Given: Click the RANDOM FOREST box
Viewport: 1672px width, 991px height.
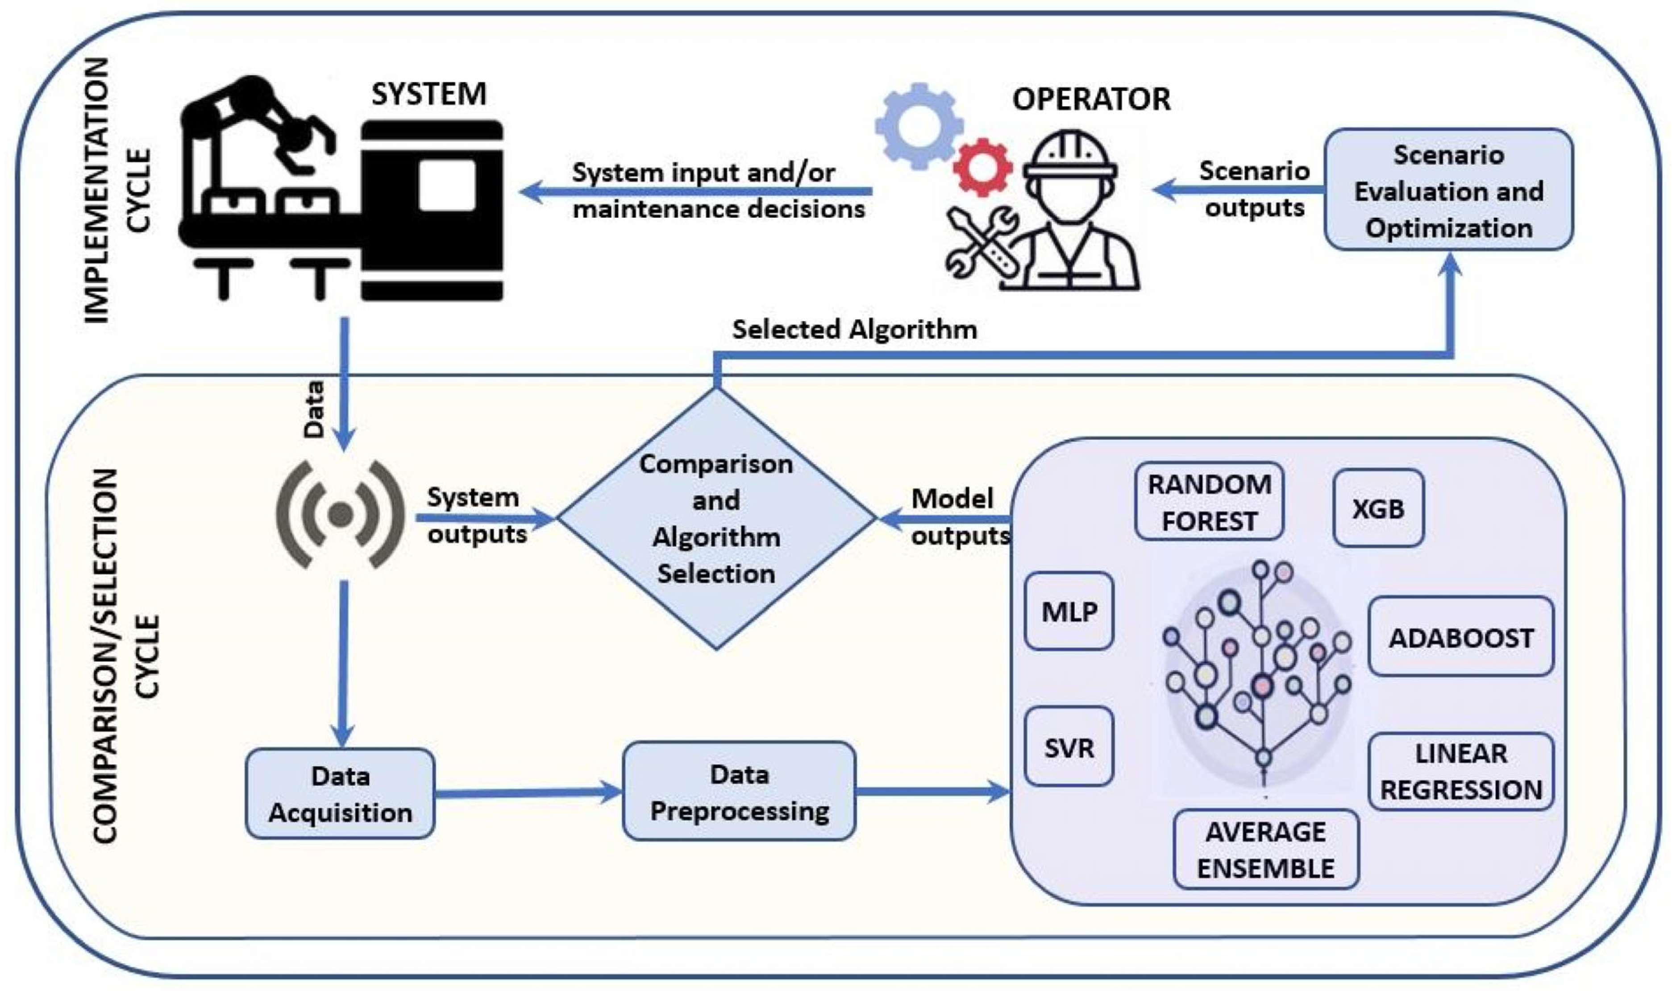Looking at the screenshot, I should [x=1208, y=501].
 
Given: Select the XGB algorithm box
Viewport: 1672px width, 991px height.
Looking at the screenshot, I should [x=1378, y=509].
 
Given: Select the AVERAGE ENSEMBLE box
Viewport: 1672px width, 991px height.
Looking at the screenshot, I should [x=1266, y=850].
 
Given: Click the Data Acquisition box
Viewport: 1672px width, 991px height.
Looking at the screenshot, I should [x=340, y=794].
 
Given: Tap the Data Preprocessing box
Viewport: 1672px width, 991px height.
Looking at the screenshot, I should [x=739, y=792].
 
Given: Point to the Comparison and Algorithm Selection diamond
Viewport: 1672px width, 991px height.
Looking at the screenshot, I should [x=716, y=518].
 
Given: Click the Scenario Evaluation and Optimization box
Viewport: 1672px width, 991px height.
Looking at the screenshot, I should [x=1448, y=191].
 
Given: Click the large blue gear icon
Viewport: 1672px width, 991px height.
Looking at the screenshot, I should [x=918, y=125].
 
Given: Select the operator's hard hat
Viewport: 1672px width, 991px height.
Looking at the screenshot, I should [x=1070, y=155].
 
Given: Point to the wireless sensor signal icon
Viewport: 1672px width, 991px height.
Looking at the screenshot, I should [x=341, y=514].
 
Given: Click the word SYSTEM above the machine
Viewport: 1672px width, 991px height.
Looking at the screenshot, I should [x=429, y=94].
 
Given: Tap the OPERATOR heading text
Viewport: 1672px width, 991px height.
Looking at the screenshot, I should [x=1091, y=99].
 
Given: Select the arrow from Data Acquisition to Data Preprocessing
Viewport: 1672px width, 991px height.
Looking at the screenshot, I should [x=528, y=793].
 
